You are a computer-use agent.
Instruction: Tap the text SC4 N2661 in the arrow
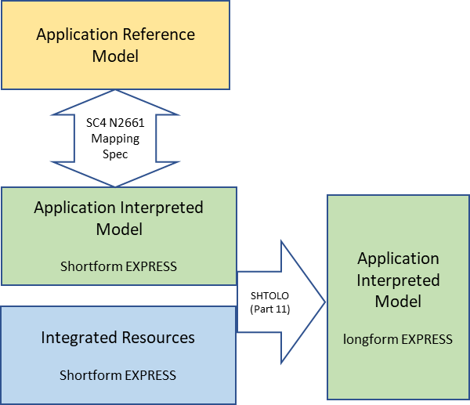click(x=115, y=122)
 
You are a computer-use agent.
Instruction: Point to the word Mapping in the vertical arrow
click(x=115, y=139)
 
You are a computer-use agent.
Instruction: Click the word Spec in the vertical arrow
click(x=115, y=154)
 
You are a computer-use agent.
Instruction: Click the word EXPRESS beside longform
click(x=426, y=339)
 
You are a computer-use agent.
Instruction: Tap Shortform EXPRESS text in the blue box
click(x=117, y=375)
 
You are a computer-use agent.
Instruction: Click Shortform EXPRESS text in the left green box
click(x=118, y=266)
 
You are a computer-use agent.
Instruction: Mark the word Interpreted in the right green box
click(x=398, y=280)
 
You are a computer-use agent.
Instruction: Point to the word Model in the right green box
click(x=398, y=301)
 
